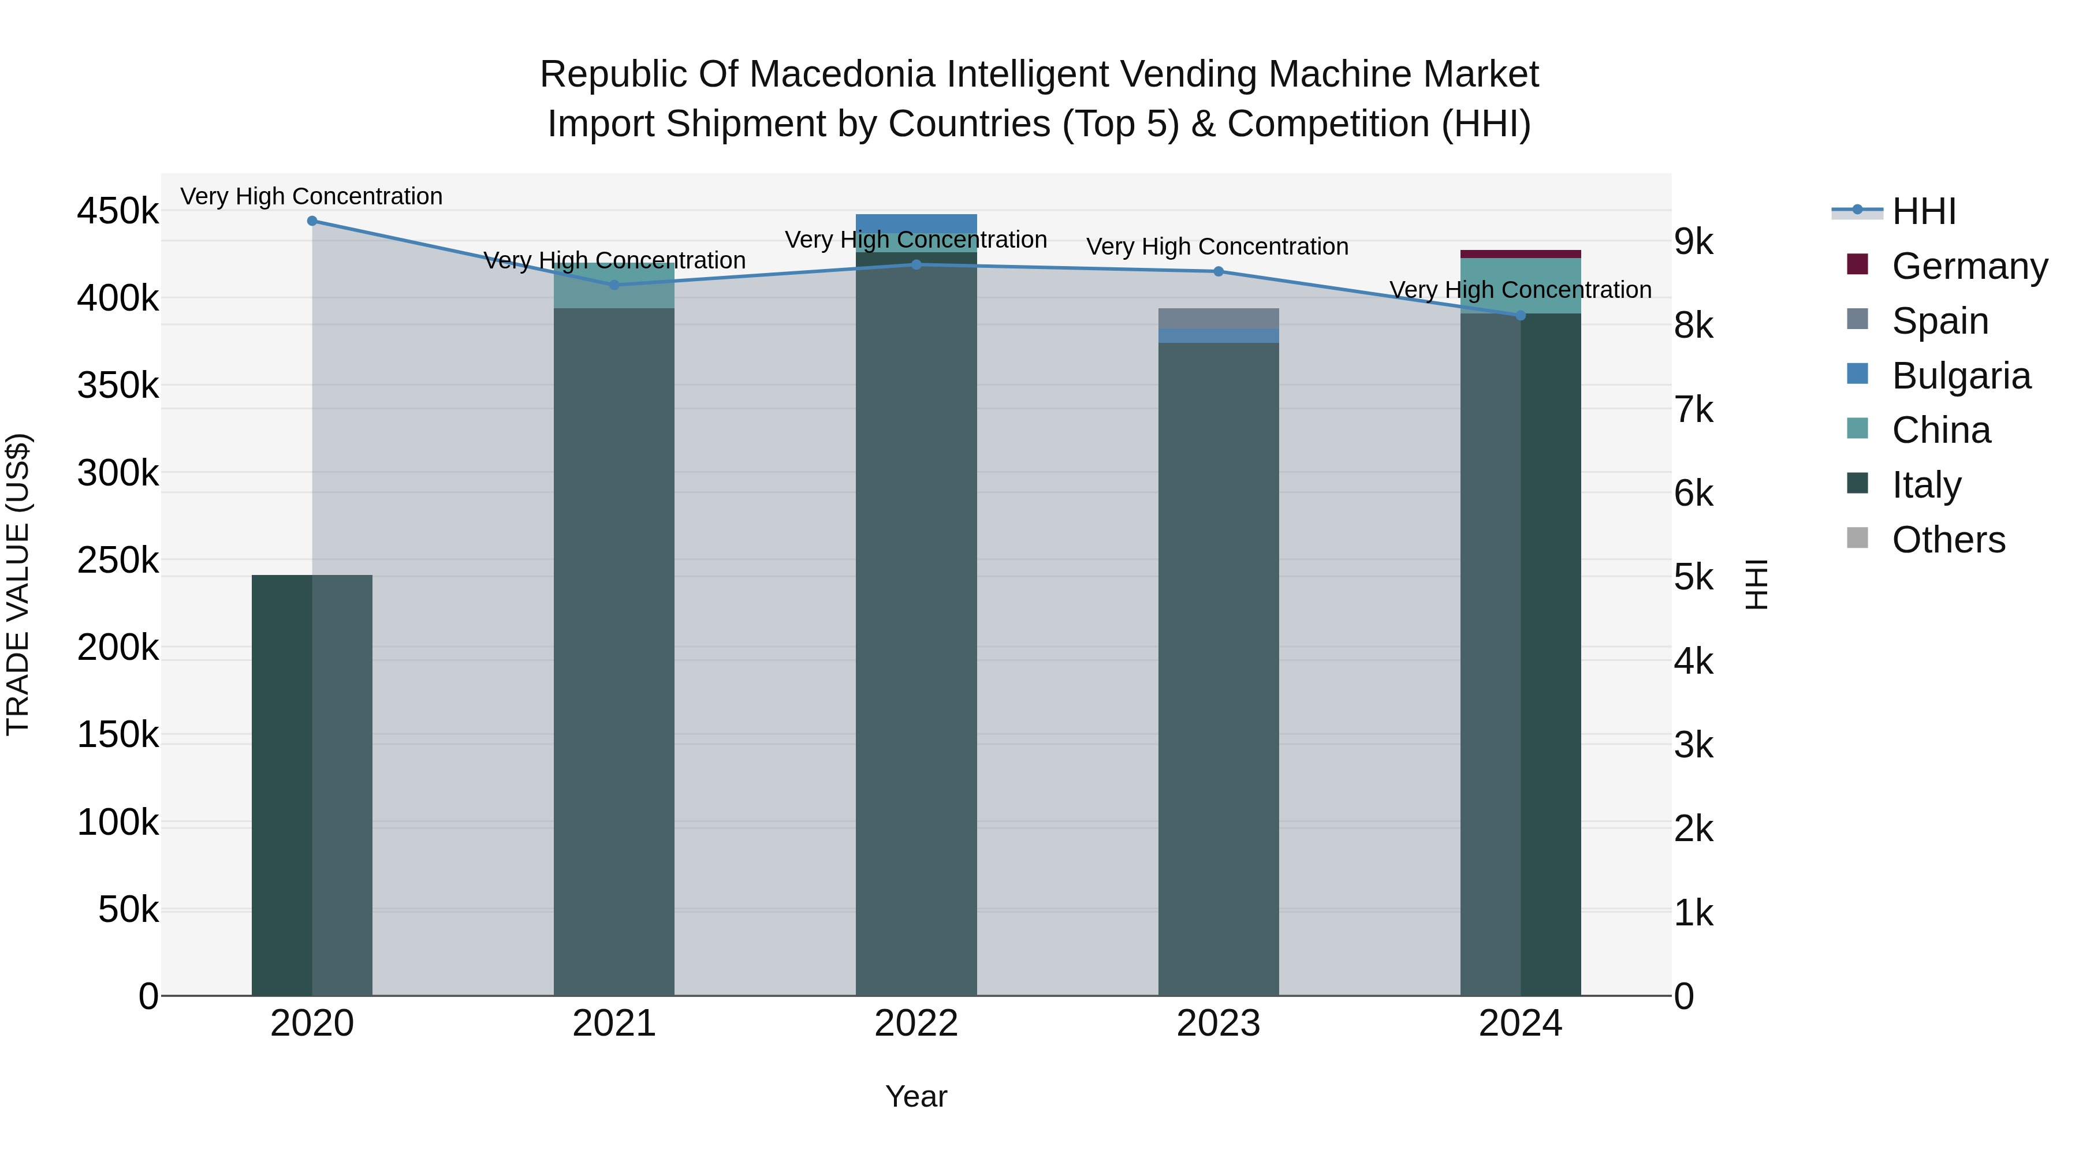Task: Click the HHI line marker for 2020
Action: click(312, 221)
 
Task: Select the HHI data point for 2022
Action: click(916, 264)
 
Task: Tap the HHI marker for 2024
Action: click(1521, 315)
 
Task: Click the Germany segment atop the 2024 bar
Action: click(1521, 254)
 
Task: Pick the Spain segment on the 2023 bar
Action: click(1219, 318)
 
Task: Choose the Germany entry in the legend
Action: click(1969, 266)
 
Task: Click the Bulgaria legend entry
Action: click(1961, 376)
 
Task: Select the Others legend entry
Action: click(1948, 540)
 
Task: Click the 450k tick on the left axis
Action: click(118, 211)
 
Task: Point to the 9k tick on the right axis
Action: click(1693, 241)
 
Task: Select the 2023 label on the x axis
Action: click(1219, 1024)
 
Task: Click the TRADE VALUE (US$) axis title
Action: click(18, 584)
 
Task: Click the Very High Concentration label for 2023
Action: click(1217, 247)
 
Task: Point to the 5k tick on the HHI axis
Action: click(1693, 578)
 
